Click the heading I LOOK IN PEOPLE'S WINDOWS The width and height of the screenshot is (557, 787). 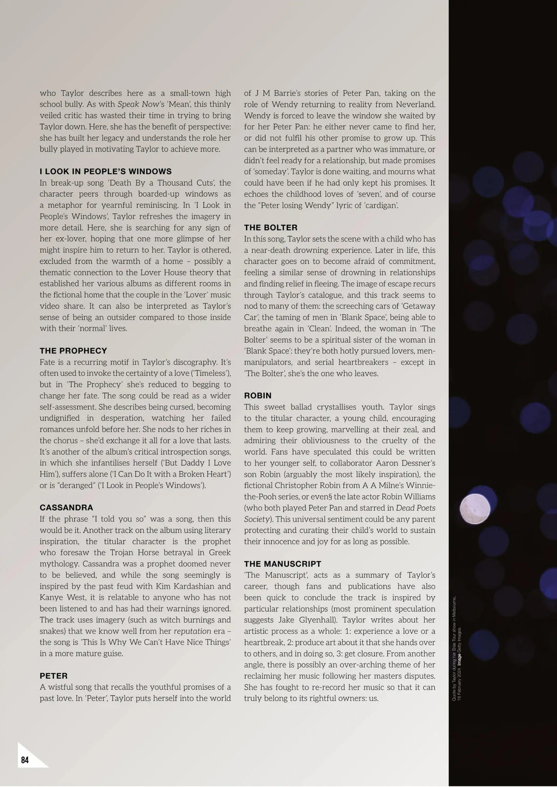click(x=106, y=172)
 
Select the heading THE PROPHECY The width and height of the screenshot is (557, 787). click(x=73, y=351)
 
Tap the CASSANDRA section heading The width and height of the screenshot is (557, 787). click(x=66, y=508)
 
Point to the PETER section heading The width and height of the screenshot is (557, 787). click(x=54, y=676)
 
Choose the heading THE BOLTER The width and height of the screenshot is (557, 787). click(x=271, y=228)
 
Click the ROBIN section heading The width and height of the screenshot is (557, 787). click(x=258, y=395)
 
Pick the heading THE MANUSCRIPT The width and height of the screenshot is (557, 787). click(x=282, y=564)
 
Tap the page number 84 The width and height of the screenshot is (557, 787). click(x=25, y=760)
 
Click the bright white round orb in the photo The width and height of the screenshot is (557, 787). click(x=475, y=509)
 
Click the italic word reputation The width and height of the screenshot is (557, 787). click(x=192, y=631)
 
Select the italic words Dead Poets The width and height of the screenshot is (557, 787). click(x=415, y=508)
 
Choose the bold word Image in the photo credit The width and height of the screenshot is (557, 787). click(x=460, y=658)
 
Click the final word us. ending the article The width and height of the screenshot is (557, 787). click(x=373, y=698)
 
